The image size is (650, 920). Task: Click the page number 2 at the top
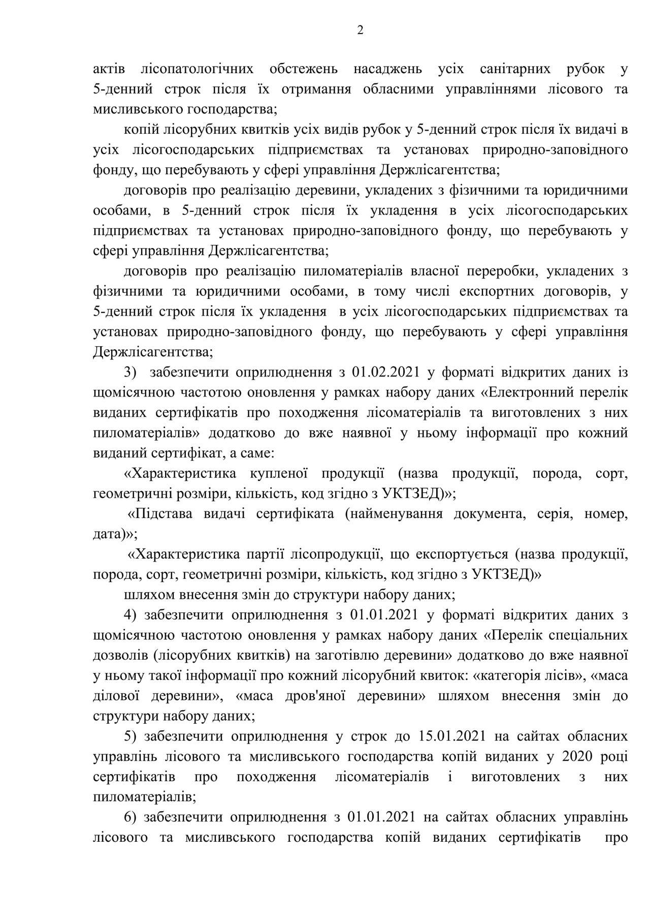(x=360, y=30)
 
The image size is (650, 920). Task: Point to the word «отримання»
(x=318, y=89)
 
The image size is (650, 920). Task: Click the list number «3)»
(x=131, y=372)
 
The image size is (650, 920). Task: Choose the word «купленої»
(x=279, y=473)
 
